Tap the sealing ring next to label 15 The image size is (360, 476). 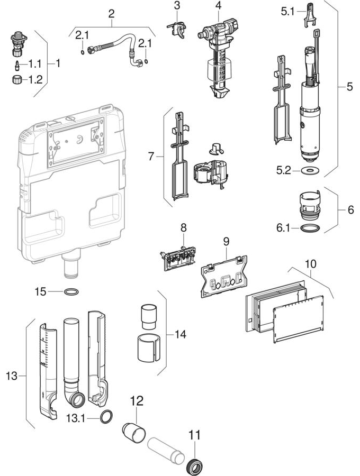click(72, 291)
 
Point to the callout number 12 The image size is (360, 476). click(137, 401)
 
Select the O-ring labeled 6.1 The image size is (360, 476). click(308, 229)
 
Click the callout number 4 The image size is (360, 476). click(218, 7)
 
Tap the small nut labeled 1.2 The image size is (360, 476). click(18, 80)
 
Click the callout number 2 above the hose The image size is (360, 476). click(111, 13)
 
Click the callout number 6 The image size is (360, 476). click(350, 209)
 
